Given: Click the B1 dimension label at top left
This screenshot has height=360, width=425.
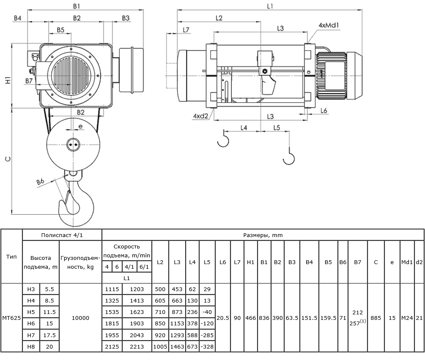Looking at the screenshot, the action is coord(77,6).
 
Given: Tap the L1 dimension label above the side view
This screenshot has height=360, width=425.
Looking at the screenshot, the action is coord(270,6).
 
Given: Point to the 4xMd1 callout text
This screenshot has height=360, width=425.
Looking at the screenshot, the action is coord(329,25).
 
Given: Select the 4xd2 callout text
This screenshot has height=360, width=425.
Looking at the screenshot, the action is coord(200,116).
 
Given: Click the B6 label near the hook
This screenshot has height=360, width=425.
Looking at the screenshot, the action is coord(41,182).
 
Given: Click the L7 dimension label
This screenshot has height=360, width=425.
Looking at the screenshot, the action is coord(186,30).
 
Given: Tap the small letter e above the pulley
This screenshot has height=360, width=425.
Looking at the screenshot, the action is coord(80,126).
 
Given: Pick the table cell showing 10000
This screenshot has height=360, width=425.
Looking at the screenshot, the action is coord(80,318).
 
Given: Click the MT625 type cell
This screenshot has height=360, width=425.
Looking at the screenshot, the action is coord(11,318).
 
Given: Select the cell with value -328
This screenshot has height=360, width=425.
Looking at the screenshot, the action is coord(207,346).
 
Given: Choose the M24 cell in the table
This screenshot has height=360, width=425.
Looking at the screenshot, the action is coord(407,318).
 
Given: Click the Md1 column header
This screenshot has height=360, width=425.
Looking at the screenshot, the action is coord(407,262).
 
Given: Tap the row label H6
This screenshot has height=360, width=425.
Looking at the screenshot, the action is coord(31,323).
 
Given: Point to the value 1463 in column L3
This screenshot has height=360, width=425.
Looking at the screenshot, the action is coord(177,346).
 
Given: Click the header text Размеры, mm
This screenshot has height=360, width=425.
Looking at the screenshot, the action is coord(263,235).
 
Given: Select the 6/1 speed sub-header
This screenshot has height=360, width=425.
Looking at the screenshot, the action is coord(144,267).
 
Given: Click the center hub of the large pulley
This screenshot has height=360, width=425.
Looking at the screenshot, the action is coord(73,145).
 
